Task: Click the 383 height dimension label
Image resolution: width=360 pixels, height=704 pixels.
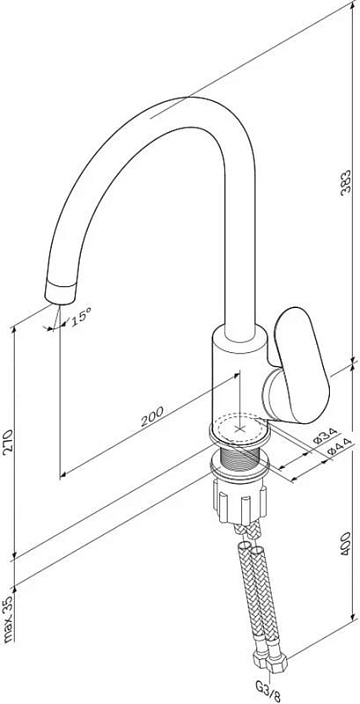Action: pyautogui.click(x=345, y=182)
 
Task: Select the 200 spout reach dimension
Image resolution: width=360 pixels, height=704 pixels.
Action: pyautogui.click(x=152, y=417)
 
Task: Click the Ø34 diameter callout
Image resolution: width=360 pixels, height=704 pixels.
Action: pyautogui.click(x=325, y=436)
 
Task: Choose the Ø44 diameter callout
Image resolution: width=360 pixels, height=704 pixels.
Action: pyautogui.click(x=338, y=448)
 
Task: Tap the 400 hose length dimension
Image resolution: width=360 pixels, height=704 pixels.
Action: pyautogui.click(x=345, y=544)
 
